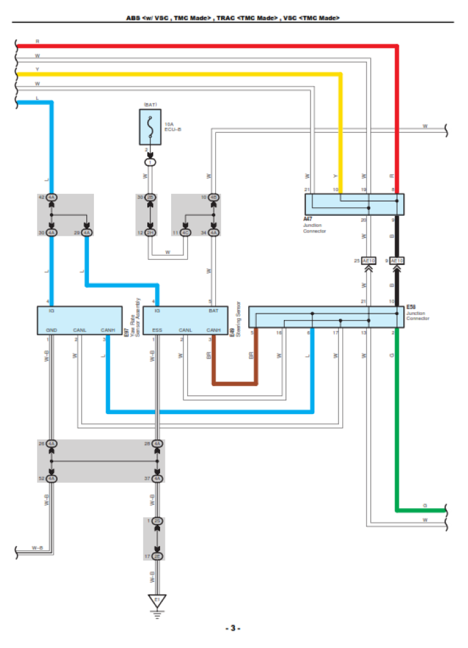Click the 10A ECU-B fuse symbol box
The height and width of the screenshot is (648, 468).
150,127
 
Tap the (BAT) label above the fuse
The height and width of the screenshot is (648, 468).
150,104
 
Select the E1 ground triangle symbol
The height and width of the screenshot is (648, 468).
156,601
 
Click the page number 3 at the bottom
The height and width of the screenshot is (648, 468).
233,629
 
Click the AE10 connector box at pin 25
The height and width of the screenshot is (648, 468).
369,260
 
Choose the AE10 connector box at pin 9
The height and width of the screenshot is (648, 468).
397,260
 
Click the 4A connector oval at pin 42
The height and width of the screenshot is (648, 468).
52,197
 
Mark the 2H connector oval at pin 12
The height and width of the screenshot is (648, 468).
150,232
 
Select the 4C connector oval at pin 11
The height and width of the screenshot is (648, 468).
185,232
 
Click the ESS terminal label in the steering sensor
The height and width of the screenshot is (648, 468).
157,330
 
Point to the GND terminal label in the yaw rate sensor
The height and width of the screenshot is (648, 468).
52,330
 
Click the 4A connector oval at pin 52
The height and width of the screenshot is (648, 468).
52,478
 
